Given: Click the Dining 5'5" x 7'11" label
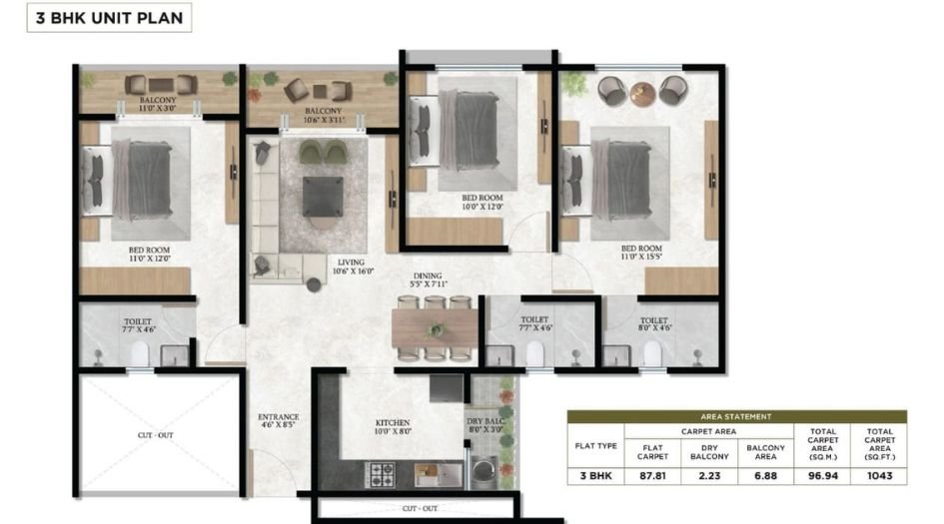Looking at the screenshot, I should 429,280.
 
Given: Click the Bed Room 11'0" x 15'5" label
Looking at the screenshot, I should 641,254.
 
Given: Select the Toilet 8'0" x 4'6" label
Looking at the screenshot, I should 654,324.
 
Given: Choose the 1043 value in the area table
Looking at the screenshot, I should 879,476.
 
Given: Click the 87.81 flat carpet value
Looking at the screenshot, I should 653,476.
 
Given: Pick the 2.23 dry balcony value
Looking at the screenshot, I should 709,476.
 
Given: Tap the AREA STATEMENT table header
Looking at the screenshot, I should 736,416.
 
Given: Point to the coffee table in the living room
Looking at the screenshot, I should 323,196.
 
